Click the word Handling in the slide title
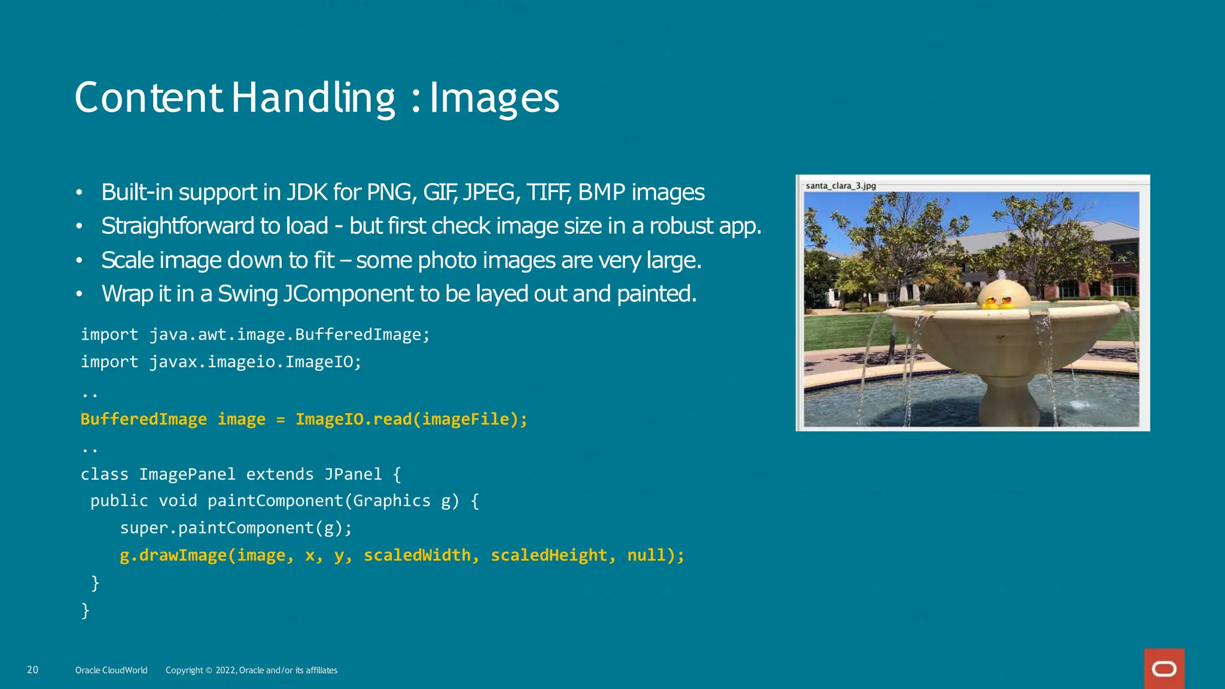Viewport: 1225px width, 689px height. point(313,98)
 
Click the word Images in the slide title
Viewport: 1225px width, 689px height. point(494,98)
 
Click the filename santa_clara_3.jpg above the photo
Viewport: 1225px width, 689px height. point(840,185)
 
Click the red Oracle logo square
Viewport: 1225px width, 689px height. point(1164,669)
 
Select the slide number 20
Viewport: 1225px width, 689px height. point(32,670)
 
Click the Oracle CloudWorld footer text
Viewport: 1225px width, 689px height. point(111,670)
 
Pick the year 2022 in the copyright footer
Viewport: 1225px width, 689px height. point(226,670)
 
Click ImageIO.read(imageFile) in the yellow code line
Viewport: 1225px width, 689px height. point(411,419)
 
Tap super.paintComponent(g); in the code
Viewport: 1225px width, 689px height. point(236,528)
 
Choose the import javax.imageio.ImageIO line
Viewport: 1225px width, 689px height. point(221,362)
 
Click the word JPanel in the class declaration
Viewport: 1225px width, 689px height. point(353,474)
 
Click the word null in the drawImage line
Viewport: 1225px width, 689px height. point(646,556)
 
